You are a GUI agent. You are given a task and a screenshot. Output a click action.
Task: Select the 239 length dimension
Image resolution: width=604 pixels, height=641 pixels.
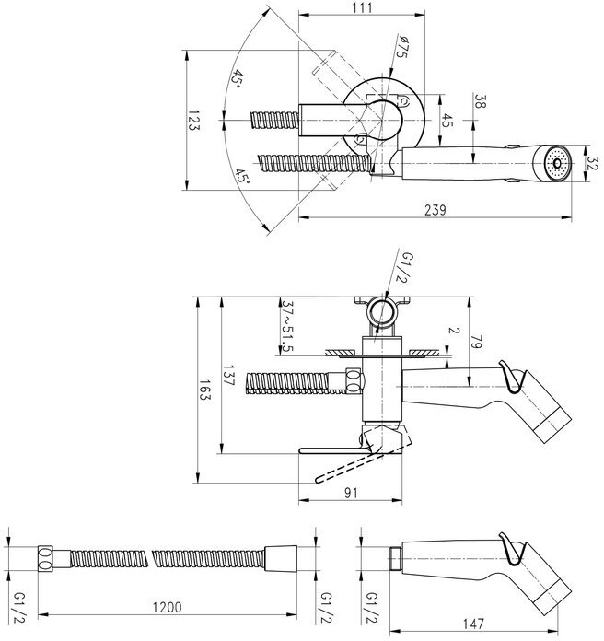pos(435,210)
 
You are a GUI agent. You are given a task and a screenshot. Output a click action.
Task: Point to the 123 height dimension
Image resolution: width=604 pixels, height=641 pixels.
pos(194,122)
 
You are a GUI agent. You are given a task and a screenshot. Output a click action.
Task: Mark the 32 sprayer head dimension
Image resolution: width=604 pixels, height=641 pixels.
pos(590,162)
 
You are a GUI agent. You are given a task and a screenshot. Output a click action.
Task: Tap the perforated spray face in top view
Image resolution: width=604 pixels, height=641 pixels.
pos(554,163)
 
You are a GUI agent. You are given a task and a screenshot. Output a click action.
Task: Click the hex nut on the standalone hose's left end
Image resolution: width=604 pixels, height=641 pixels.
pos(43,558)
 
